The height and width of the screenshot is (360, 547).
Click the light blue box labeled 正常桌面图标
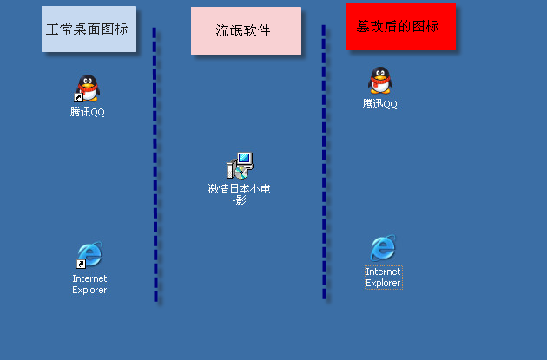tap(89, 29)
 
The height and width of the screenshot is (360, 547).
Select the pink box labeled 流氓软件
tap(246, 30)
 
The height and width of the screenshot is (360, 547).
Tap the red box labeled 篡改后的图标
tap(400, 27)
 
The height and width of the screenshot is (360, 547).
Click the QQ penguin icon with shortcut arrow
tap(87, 88)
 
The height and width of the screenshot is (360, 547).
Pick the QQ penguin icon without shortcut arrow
tap(380, 80)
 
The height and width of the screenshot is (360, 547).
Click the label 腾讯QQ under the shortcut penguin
tap(87, 112)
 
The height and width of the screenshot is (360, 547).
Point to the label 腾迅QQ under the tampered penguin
tap(380, 104)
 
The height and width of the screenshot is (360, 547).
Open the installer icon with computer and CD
tap(240, 166)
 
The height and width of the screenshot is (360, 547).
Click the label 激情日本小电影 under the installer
tap(240, 194)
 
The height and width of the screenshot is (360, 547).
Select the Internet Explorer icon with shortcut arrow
tap(89, 254)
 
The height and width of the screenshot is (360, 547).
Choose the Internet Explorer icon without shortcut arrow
tap(383, 248)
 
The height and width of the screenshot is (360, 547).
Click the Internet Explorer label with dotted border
tap(384, 278)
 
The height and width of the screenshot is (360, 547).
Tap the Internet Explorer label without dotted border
tap(89, 284)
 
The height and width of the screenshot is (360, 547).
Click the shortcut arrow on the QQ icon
tap(78, 97)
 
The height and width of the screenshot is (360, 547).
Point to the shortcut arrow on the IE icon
tap(81, 265)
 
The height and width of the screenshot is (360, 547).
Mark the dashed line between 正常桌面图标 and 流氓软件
tap(155, 165)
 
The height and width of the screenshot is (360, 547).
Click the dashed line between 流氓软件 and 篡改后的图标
tap(324, 162)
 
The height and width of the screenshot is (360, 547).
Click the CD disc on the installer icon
tap(241, 173)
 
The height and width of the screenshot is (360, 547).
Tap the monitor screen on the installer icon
tap(244, 159)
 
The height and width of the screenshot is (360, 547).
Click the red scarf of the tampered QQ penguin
tap(379, 82)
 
